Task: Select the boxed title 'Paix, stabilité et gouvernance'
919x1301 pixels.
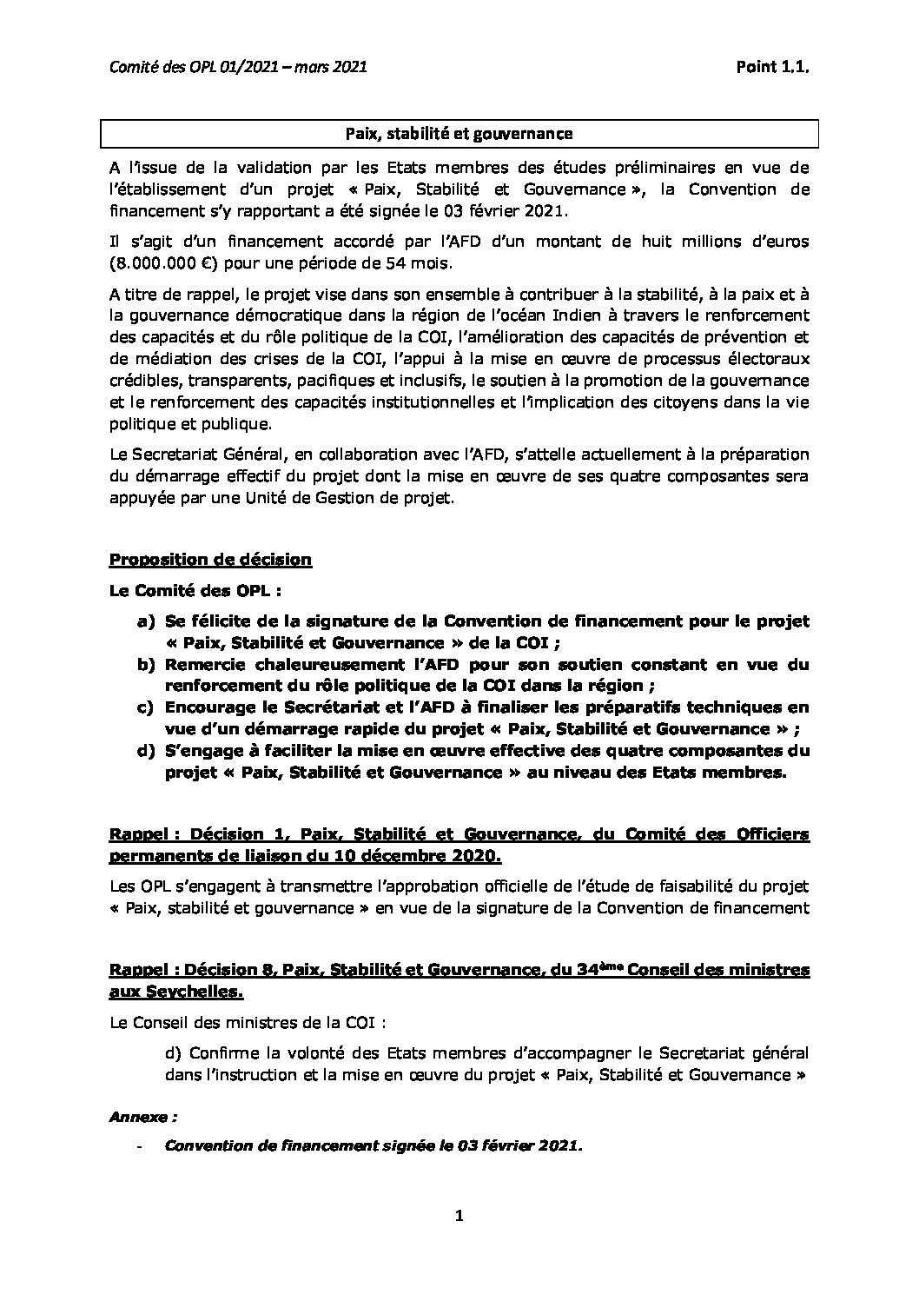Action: (459, 133)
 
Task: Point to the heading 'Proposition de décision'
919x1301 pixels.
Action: (210, 560)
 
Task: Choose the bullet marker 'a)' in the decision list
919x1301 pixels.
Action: (145, 621)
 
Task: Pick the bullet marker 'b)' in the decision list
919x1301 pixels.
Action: (145, 665)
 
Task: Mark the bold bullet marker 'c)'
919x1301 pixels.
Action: (145, 707)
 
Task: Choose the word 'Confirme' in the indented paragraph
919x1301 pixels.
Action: (221, 1053)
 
